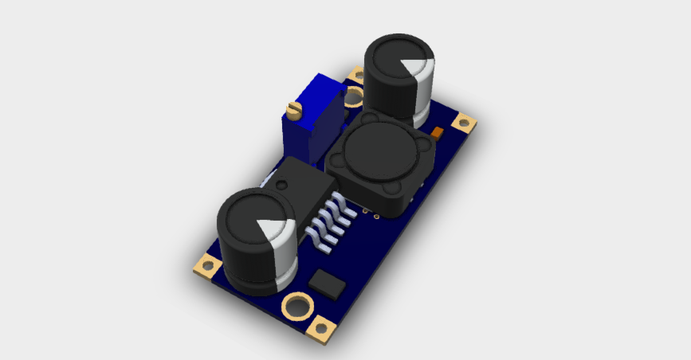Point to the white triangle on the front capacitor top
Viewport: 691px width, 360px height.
click(269, 229)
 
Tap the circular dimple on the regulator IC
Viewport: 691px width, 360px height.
click(281, 183)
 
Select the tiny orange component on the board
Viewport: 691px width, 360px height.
click(436, 132)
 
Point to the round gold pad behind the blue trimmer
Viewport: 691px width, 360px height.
click(354, 96)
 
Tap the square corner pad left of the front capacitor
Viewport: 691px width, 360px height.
click(207, 266)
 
